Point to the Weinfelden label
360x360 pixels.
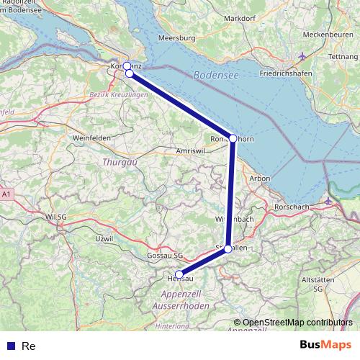(90, 137)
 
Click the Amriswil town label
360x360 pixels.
(192, 151)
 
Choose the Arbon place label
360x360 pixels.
(259, 178)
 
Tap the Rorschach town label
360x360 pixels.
(291, 207)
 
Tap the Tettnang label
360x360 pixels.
(342, 56)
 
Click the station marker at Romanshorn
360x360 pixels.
(233, 138)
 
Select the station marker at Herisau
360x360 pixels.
(179, 274)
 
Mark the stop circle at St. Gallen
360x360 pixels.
(228, 249)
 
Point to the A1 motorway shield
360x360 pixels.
(6, 194)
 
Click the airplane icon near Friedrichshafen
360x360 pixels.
(302, 55)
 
